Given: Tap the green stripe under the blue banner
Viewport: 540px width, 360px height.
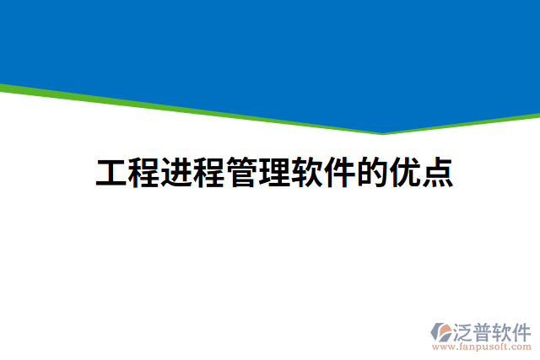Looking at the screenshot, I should pos(169,108).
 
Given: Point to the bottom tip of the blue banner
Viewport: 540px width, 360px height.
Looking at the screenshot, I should pos(382,131).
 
